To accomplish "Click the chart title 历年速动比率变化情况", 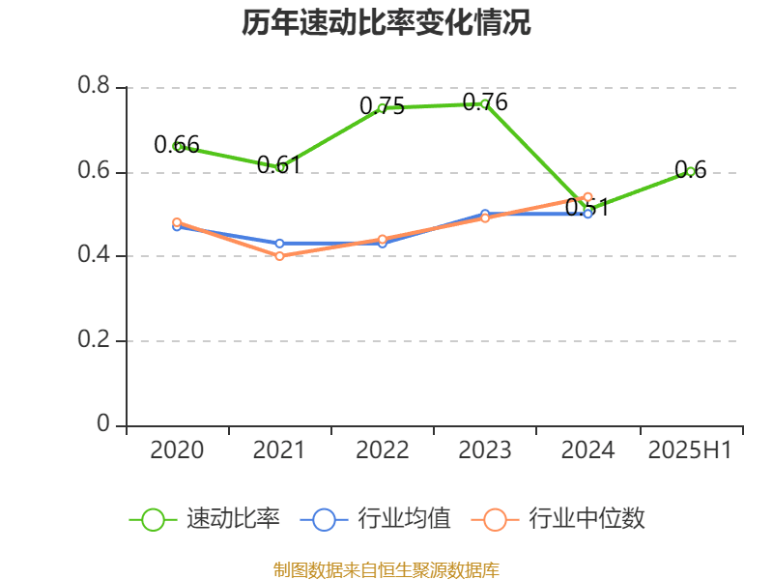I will [386, 23].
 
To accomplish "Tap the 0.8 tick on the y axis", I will [94, 86].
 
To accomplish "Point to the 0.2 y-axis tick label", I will [94, 341].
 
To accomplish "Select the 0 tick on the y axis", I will [103, 425].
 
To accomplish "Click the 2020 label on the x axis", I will [177, 450].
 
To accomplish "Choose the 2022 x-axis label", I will [382, 450].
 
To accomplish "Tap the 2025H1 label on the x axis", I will [690, 450].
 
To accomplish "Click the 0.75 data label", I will [382, 106].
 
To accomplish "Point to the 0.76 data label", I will [485, 101].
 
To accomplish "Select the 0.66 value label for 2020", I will [177, 145].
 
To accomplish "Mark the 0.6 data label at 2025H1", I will [690, 170].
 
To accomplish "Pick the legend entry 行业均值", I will [376, 519].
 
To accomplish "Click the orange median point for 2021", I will [279, 256].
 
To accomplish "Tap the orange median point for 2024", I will [587, 197].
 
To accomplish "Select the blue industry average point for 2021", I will [279, 244].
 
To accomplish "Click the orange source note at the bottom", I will [386, 569].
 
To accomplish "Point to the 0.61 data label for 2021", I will [279, 164].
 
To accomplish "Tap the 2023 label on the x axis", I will [485, 450].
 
